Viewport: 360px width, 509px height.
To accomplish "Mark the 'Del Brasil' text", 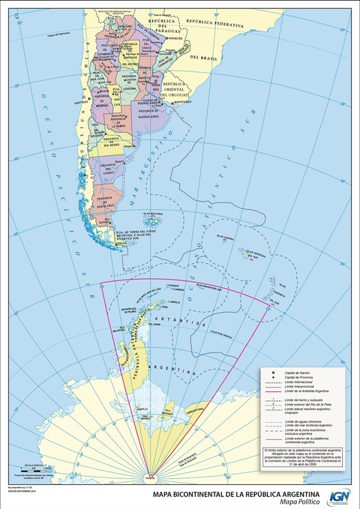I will [202, 57].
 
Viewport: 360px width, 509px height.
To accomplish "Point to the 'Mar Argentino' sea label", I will [153, 180].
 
